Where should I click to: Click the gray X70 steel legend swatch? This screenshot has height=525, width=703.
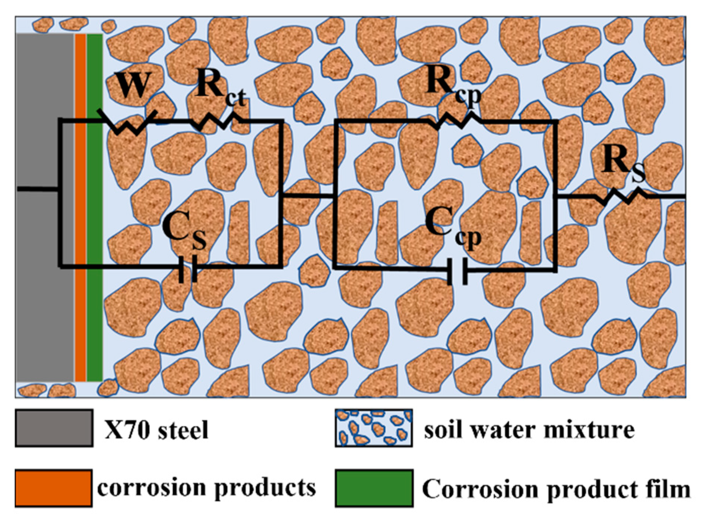coord(54,428)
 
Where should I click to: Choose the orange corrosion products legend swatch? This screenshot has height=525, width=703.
coord(53,488)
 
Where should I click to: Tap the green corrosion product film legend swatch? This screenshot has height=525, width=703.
coord(374,488)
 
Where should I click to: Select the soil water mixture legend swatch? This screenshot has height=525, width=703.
coord(374,428)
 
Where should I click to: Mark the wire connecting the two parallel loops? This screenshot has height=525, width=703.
coord(308,195)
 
